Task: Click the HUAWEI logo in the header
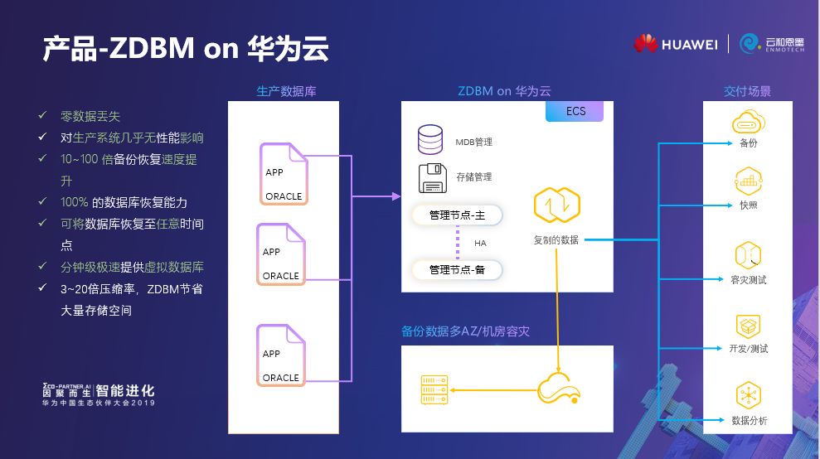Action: (675, 44)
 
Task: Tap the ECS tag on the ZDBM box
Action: (575, 111)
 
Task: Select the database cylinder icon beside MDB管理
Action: (430, 139)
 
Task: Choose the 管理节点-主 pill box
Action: (458, 215)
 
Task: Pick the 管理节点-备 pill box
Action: (458, 269)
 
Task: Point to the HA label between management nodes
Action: (480, 243)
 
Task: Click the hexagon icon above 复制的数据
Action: (556, 205)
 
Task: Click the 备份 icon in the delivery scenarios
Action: (748, 124)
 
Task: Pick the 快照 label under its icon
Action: (748, 205)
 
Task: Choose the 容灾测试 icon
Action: (748, 254)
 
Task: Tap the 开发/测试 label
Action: (748, 349)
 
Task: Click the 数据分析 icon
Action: (748, 394)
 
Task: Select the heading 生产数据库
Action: (286, 91)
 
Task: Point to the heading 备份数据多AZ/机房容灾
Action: (465, 331)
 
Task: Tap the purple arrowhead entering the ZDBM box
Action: (395, 196)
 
